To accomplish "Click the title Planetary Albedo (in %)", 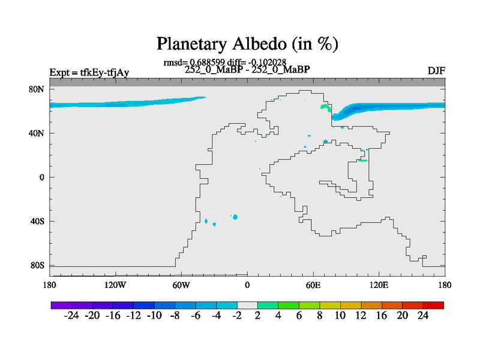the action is click(247, 44).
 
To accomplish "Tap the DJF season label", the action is click(436, 71).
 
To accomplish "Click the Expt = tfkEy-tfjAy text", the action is click(89, 73).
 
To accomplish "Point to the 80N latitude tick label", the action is click(37, 89).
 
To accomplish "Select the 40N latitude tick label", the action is click(37, 133).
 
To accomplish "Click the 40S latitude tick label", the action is click(37, 221).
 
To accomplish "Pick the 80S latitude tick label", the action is click(37, 265).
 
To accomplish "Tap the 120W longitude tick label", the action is click(115, 285).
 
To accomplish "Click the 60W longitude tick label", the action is click(181, 285).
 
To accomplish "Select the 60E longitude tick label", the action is click(313, 285).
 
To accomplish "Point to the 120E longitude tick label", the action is click(379, 285).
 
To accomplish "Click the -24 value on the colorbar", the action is click(71, 316).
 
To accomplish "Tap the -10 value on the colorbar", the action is click(154, 316).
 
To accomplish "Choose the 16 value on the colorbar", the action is click(382, 316).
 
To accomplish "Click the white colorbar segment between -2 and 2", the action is click(247, 305).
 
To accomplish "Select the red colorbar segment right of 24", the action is click(433, 305).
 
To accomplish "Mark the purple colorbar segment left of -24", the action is click(61, 305).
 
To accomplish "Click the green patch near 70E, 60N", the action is click(326, 108).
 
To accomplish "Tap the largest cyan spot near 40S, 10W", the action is click(235, 217).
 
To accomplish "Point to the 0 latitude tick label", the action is click(41, 177).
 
